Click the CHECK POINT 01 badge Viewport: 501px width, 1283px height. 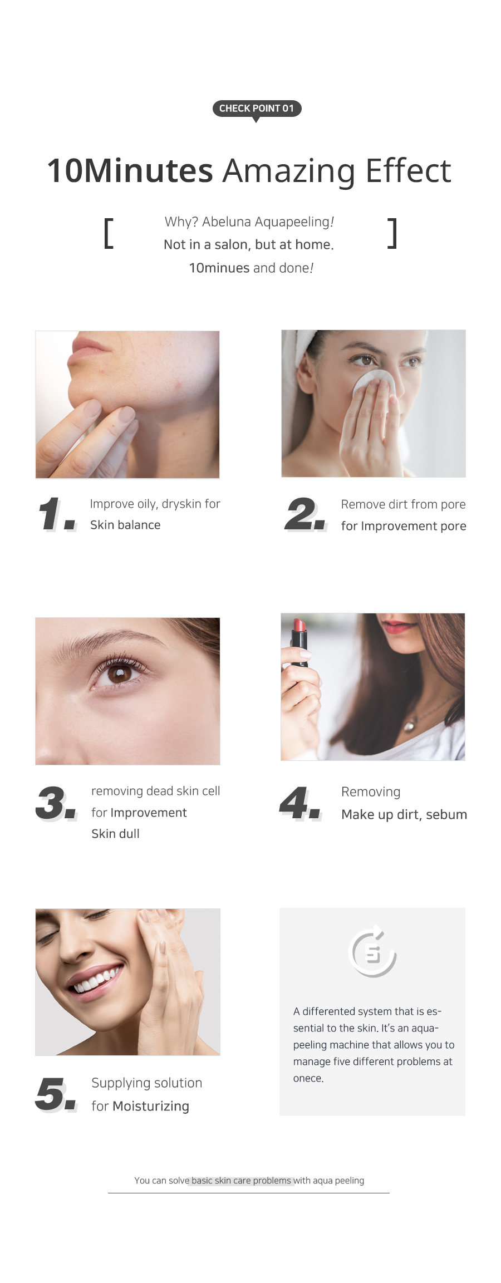click(257, 109)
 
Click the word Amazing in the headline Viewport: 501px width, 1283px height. click(289, 171)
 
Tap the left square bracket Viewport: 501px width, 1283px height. click(109, 233)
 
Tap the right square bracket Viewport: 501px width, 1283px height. click(392, 233)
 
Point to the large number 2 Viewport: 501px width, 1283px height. click(305, 514)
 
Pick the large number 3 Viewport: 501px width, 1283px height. click(56, 803)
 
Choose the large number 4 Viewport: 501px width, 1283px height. click(300, 803)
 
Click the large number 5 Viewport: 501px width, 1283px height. click(56, 1094)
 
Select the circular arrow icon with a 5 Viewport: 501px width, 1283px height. click(372, 951)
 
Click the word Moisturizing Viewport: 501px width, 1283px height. click(151, 1106)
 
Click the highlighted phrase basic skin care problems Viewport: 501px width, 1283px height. click(242, 1180)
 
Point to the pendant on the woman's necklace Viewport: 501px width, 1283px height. click(410, 725)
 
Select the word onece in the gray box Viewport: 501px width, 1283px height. click(308, 1078)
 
